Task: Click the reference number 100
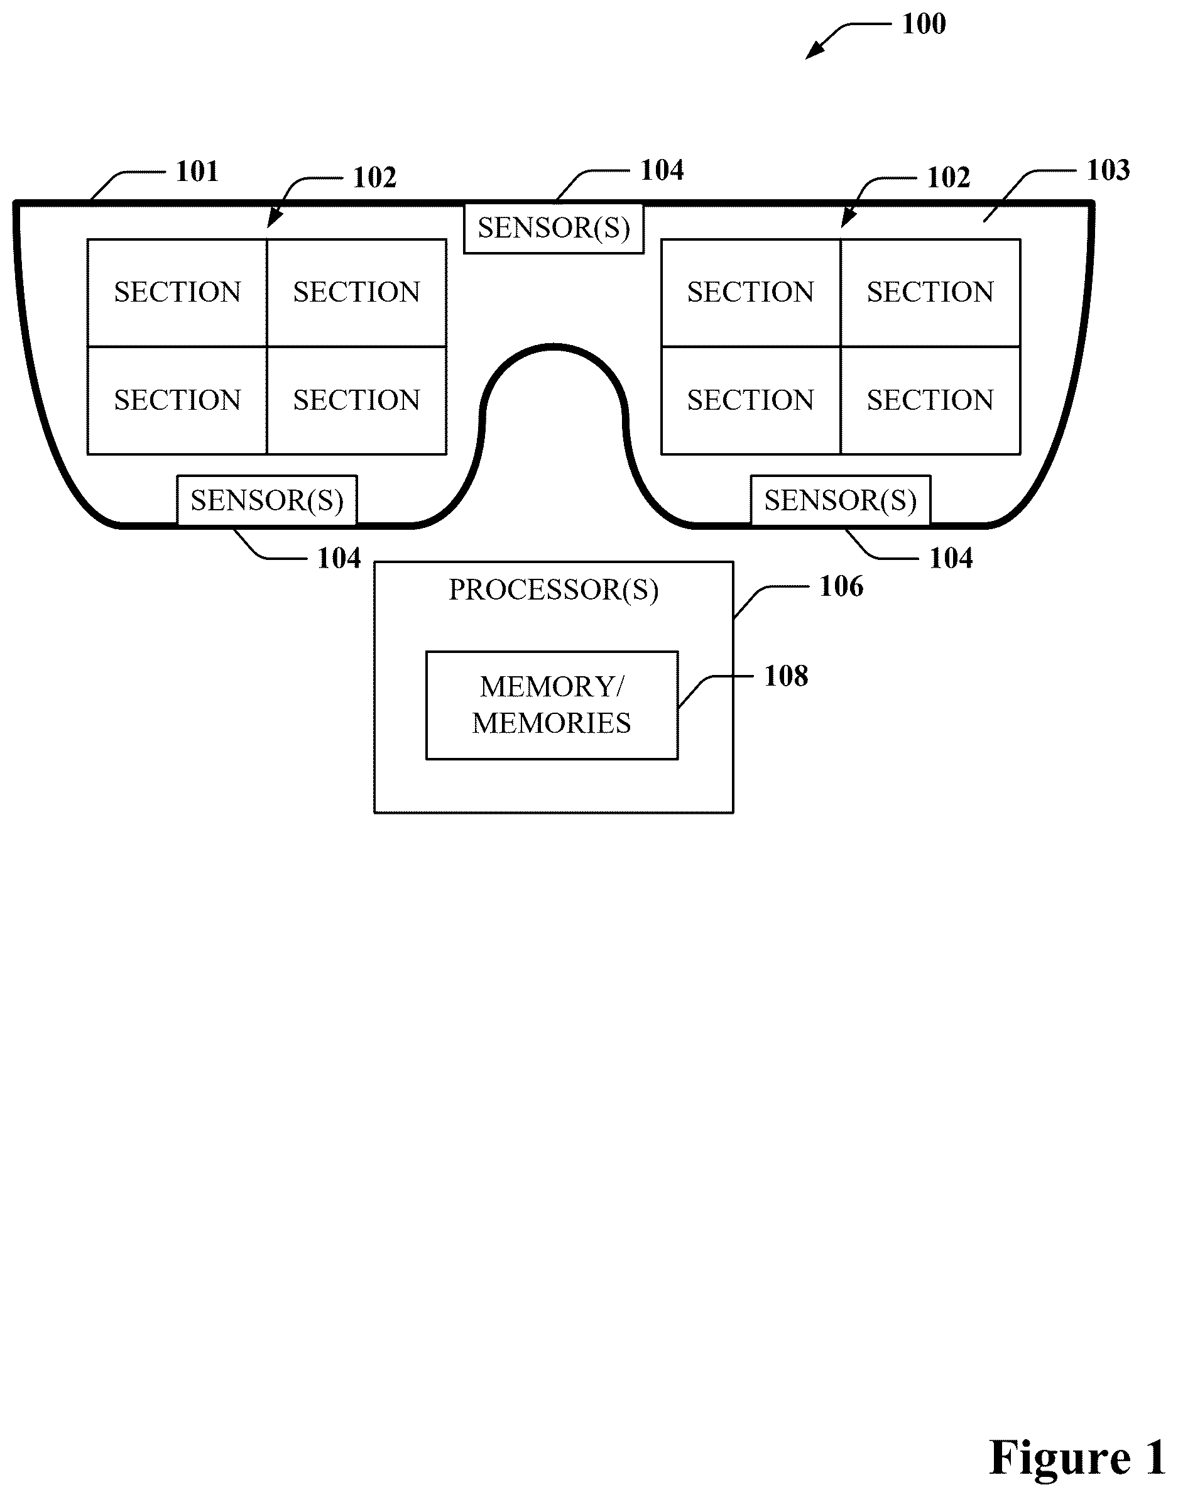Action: (x=924, y=24)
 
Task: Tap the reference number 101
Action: (x=197, y=171)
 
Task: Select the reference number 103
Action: (x=1108, y=170)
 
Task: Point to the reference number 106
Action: (x=841, y=586)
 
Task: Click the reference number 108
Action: (x=786, y=676)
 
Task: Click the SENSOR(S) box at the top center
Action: (x=554, y=228)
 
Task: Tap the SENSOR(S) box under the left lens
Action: (x=267, y=501)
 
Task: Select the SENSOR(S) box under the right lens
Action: (x=841, y=501)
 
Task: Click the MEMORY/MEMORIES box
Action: (x=552, y=705)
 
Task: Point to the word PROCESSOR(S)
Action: (x=554, y=590)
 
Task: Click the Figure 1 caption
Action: (x=1077, y=1457)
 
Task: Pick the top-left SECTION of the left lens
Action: (x=177, y=292)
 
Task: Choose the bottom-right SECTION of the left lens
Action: (x=357, y=400)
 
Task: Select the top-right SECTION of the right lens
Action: (x=930, y=292)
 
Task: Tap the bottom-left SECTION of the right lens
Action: (x=751, y=400)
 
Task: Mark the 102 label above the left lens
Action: (x=374, y=178)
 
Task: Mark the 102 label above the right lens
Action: (x=948, y=178)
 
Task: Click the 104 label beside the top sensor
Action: (x=662, y=170)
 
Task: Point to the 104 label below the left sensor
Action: (x=339, y=559)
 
